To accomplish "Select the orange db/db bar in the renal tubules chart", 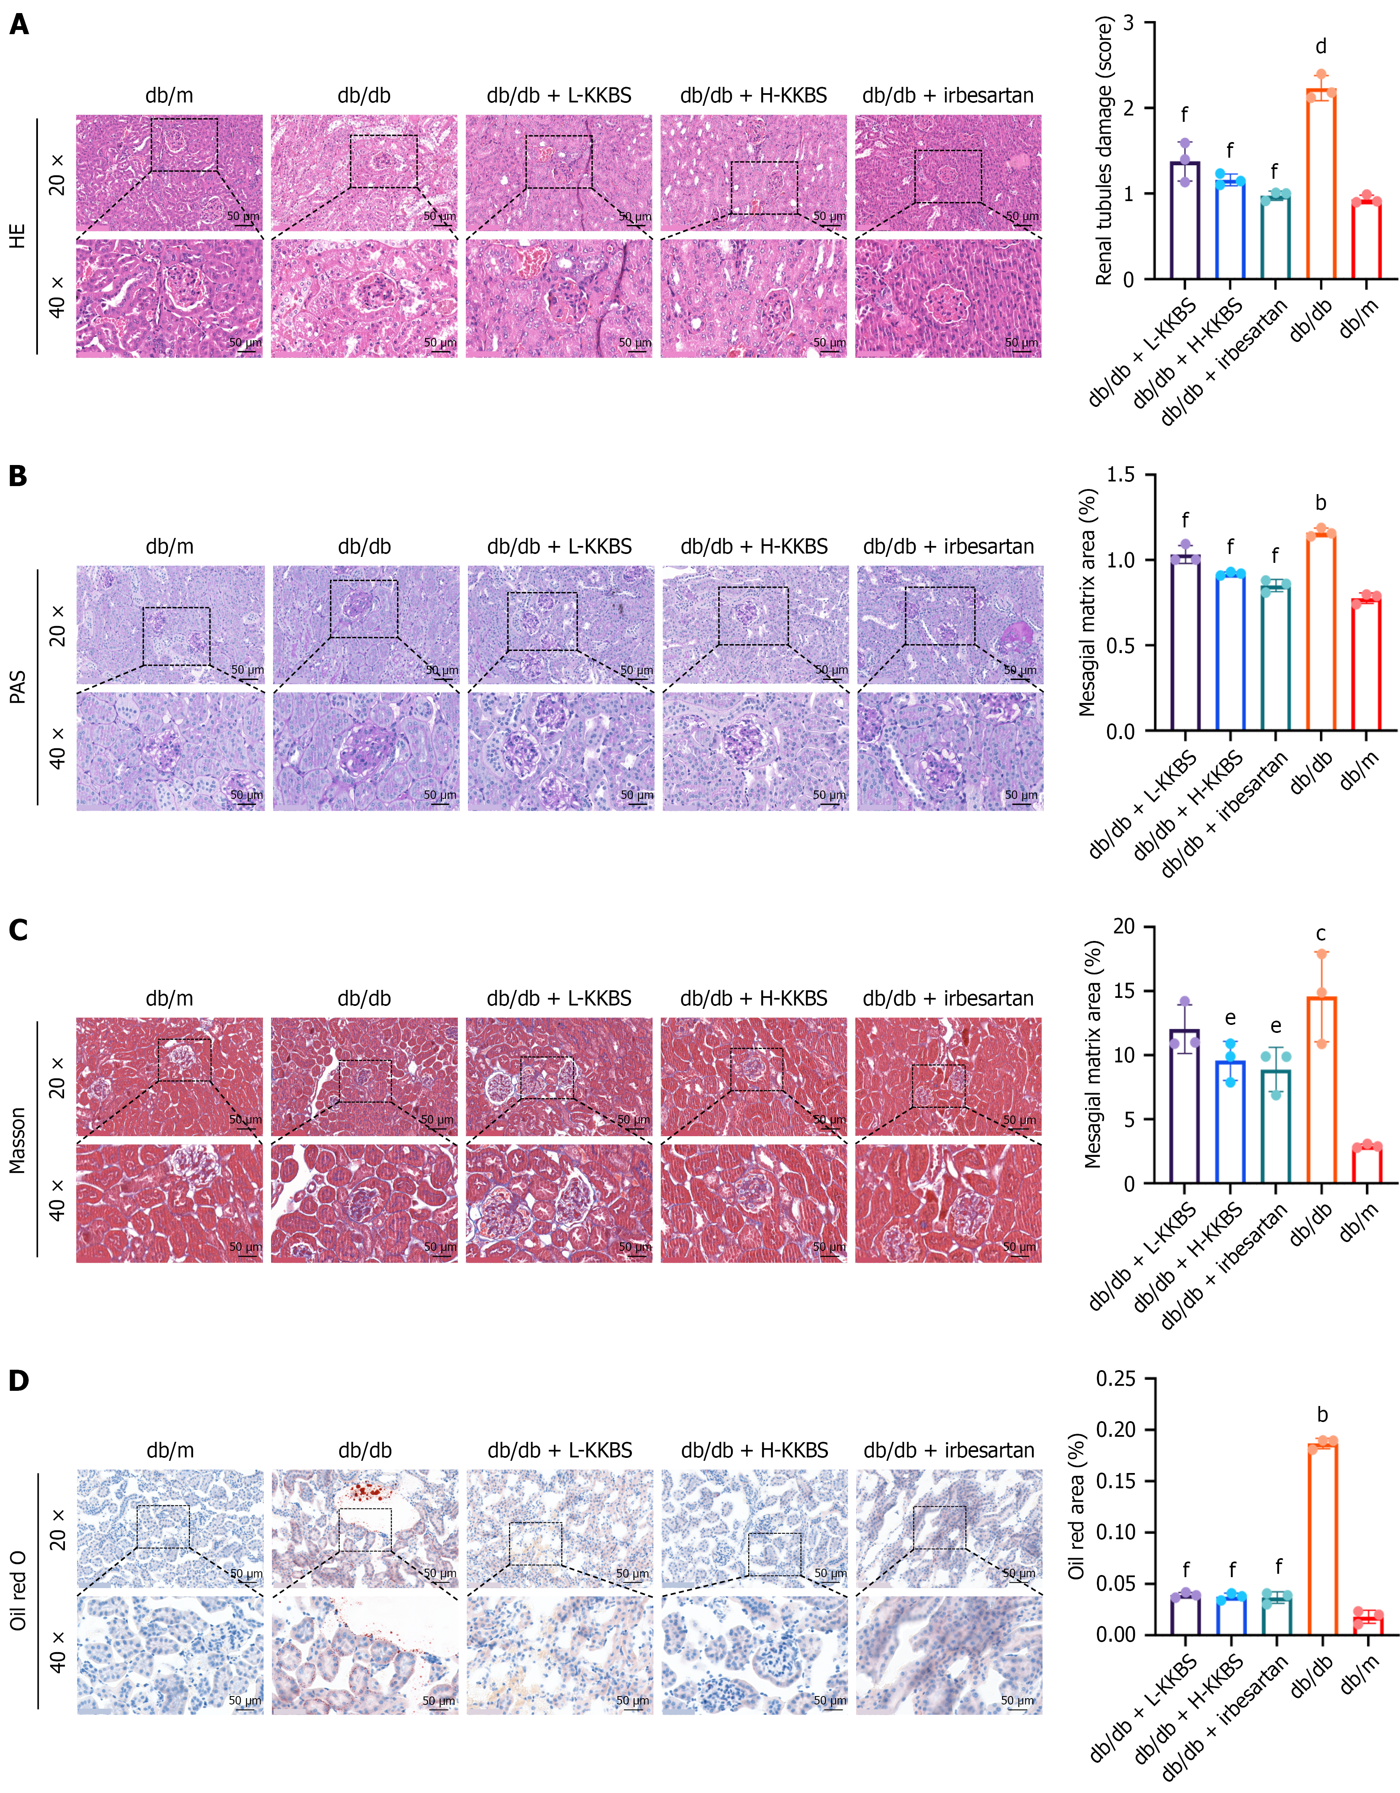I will pyautogui.click(x=1320, y=185).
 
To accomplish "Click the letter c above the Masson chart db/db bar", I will pyautogui.click(x=1320, y=933).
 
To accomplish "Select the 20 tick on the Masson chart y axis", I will pyautogui.click(x=1123, y=927).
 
